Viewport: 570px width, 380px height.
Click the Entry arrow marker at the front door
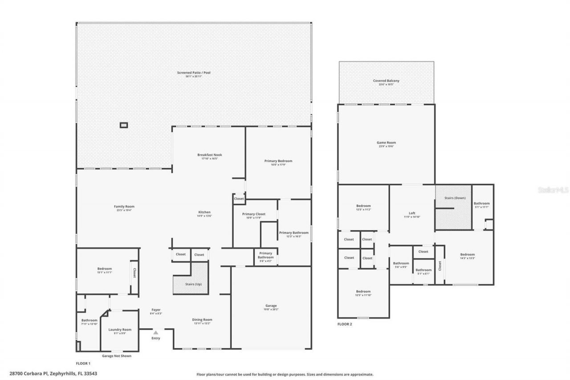[x=155, y=332]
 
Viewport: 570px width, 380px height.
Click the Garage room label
[x=271, y=306]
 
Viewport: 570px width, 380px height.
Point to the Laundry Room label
[x=120, y=330]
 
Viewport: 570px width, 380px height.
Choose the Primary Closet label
[x=254, y=214]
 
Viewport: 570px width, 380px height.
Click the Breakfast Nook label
[x=209, y=155]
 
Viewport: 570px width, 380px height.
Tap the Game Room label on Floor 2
[x=386, y=143]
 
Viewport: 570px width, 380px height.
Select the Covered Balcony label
[x=386, y=81]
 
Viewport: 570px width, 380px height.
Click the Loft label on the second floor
[x=412, y=213]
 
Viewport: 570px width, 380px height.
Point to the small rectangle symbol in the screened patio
[x=124, y=125]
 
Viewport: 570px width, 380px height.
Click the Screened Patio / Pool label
[x=194, y=72]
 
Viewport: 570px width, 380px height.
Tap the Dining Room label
[x=202, y=319]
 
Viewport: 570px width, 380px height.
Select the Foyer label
[x=155, y=310]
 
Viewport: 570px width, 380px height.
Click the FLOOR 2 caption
[x=344, y=324]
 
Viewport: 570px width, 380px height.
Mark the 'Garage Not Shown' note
[x=117, y=356]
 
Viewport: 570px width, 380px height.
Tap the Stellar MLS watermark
[x=553, y=190]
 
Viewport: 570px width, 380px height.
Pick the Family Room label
[x=124, y=207]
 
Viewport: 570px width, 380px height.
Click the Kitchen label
[x=204, y=212]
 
